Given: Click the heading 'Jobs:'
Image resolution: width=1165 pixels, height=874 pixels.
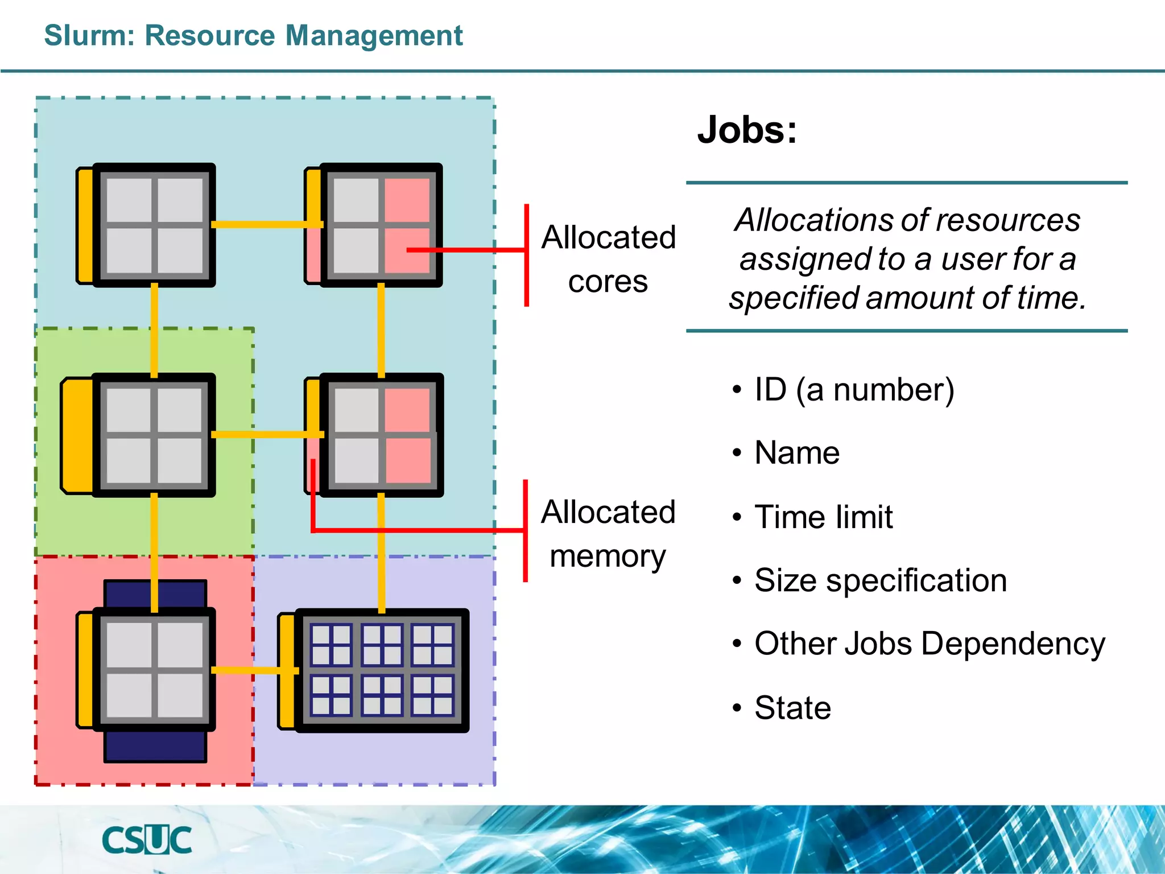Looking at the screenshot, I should click(x=747, y=130).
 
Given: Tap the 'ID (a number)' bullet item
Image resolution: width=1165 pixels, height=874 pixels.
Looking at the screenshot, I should click(x=854, y=390).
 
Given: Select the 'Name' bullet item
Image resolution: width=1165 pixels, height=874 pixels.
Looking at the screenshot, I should click(x=796, y=453).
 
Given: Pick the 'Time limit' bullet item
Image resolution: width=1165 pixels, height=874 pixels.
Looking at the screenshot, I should click(x=823, y=517).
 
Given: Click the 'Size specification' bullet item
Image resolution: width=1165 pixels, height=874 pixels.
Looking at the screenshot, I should click(x=880, y=580).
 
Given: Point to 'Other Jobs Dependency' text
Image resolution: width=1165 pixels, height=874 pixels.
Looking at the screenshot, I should click(x=929, y=644).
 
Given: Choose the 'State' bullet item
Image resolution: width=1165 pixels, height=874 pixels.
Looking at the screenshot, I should click(x=792, y=707).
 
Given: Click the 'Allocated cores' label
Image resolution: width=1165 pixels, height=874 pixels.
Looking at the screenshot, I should click(x=608, y=259).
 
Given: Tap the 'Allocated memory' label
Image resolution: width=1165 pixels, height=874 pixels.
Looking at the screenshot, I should click(x=608, y=534).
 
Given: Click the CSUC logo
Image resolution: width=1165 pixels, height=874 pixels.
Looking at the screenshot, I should click(x=147, y=840).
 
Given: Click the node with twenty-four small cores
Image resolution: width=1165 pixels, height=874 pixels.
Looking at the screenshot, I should click(x=382, y=670).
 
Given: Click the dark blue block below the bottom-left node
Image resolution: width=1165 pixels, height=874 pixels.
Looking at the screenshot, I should click(x=155, y=747).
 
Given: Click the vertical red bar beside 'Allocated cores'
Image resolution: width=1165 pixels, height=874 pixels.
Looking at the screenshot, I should click(x=527, y=255).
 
